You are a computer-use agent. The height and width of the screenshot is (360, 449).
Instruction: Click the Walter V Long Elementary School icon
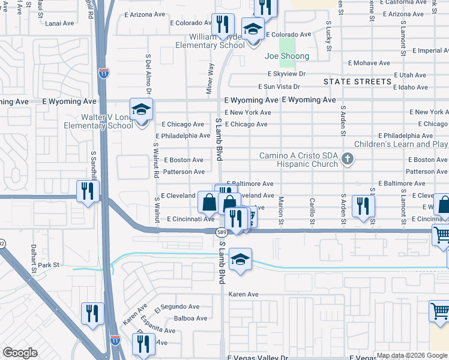click(141, 110)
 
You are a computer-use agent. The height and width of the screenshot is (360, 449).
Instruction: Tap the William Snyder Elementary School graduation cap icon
click(253, 29)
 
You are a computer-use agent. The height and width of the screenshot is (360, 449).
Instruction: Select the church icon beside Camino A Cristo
click(346, 159)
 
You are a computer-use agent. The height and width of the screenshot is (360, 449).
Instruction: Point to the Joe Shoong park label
click(287, 56)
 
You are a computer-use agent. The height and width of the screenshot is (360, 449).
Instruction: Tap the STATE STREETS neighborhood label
click(357, 81)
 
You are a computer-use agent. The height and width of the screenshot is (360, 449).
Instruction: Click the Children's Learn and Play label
click(401, 144)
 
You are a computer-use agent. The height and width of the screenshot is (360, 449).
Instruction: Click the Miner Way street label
click(210, 78)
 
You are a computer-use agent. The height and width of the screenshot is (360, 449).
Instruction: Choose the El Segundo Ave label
click(176, 307)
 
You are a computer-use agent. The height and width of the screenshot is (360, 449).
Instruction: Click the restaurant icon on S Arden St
click(363, 206)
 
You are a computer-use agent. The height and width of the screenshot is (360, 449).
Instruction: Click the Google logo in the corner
click(20, 353)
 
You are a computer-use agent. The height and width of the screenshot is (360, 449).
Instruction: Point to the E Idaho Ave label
click(410, 87)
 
